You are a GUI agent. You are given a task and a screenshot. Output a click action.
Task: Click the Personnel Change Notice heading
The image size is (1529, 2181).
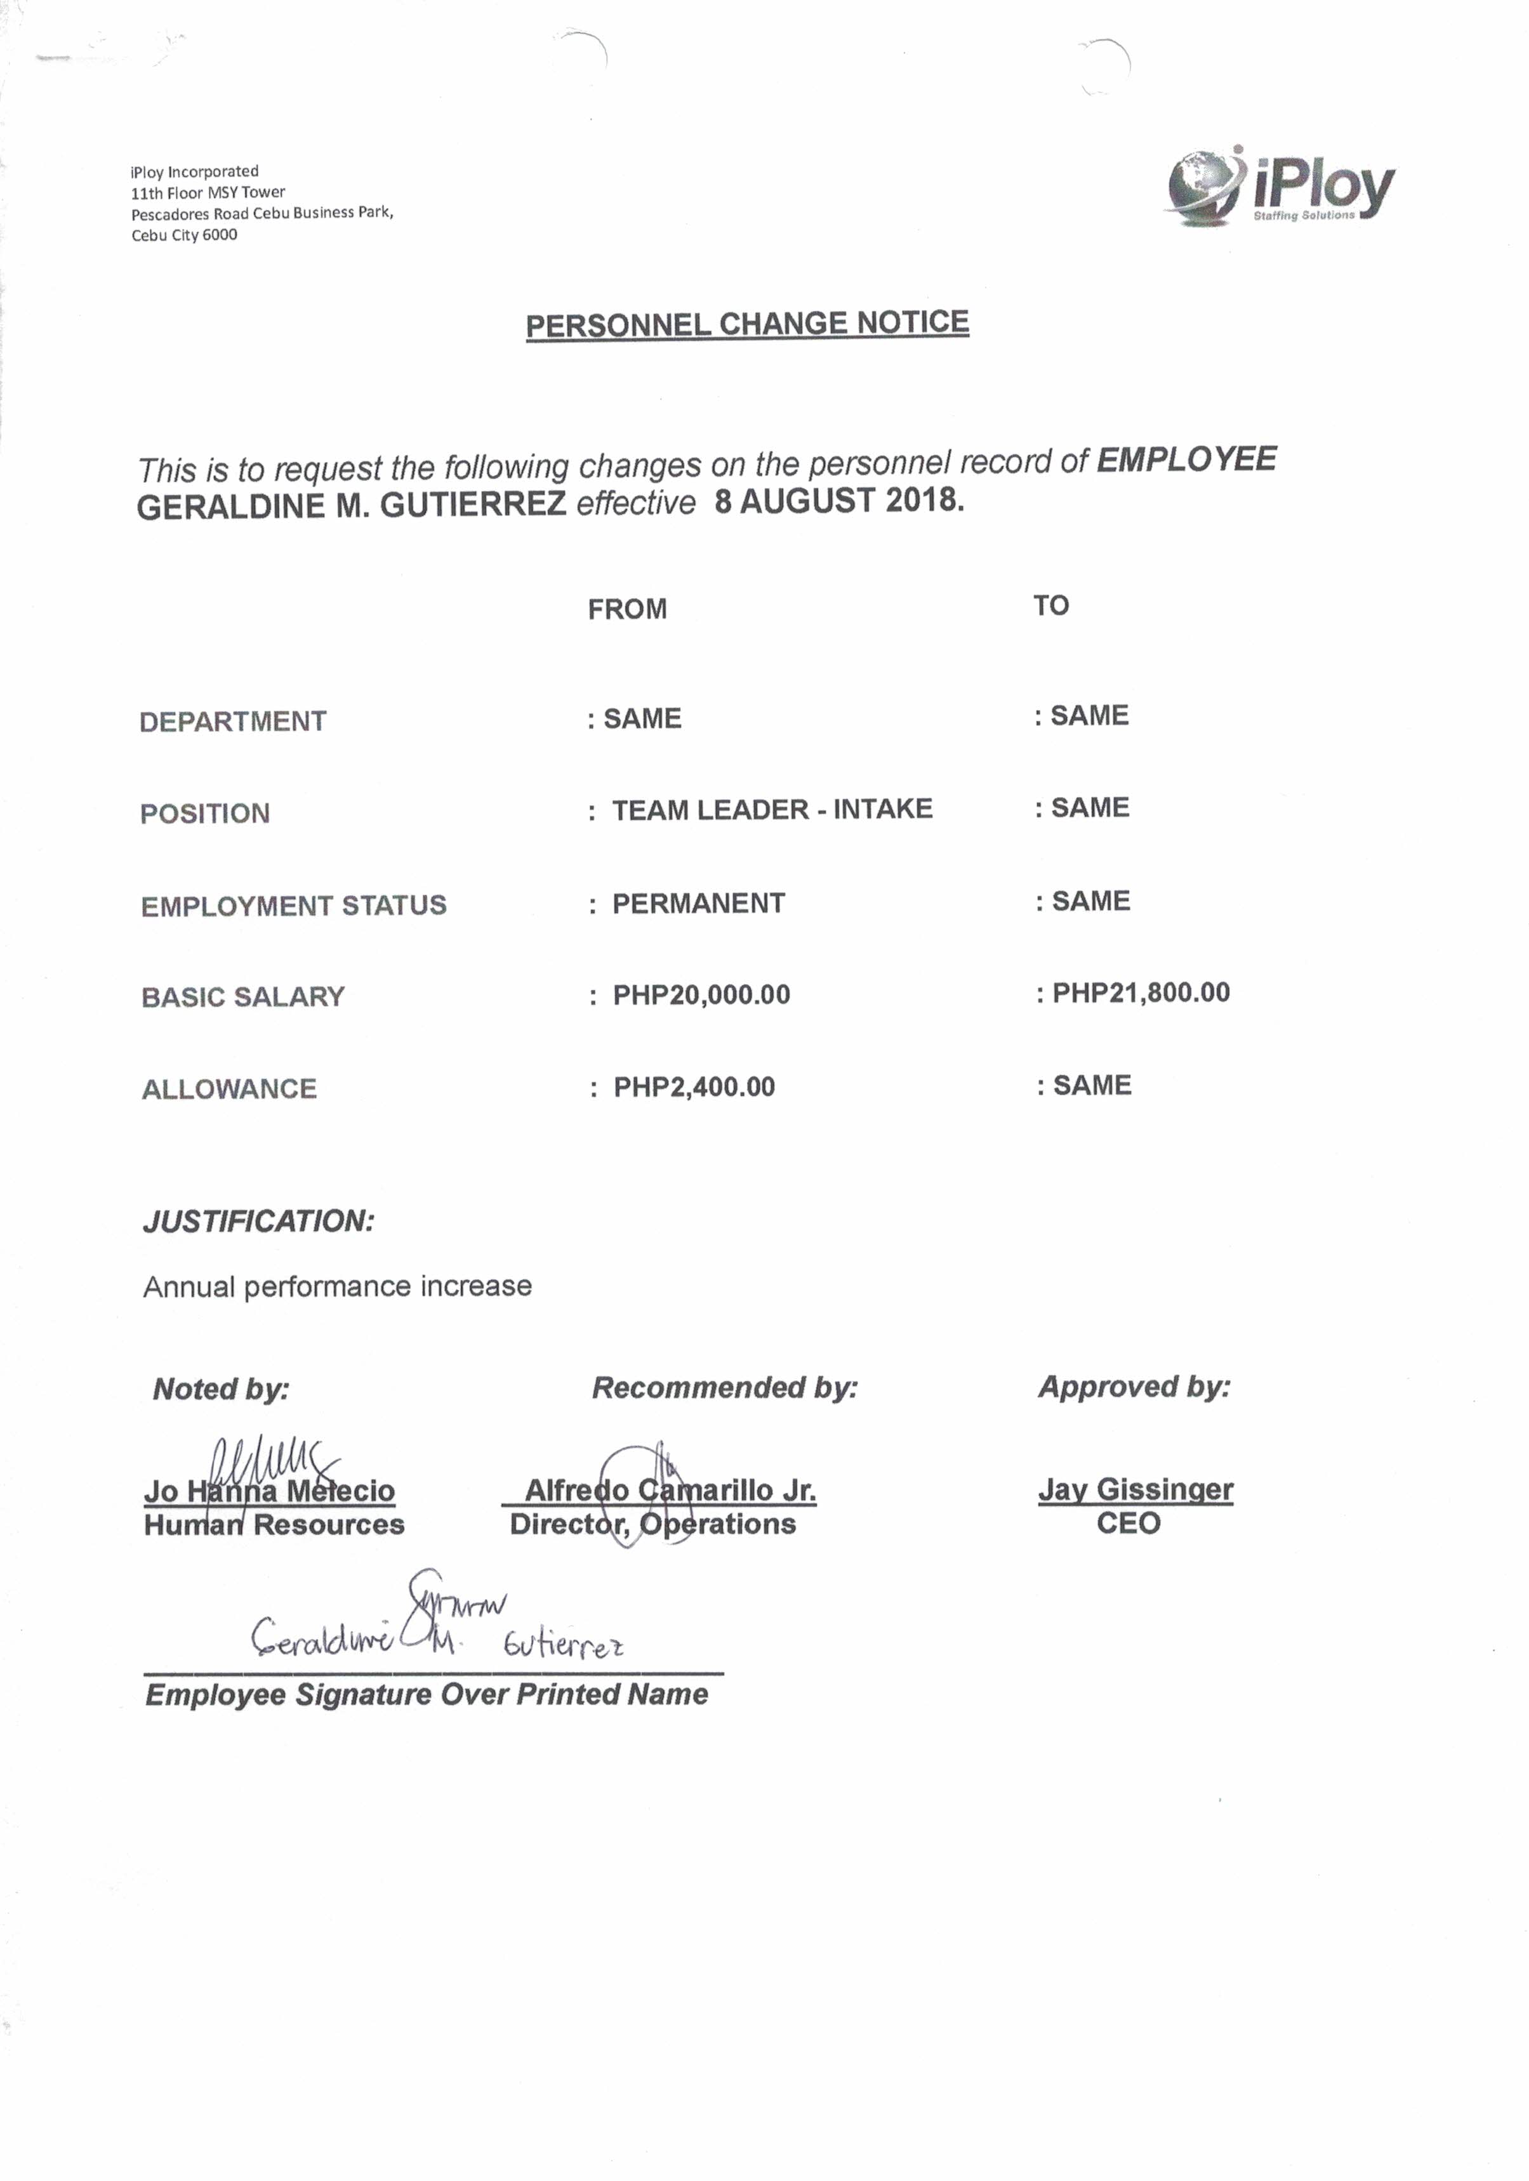pos(747,324)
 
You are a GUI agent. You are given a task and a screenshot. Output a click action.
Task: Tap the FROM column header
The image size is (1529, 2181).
pos(627,609)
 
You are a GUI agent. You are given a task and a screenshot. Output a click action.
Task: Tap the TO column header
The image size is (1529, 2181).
pos(1051,605)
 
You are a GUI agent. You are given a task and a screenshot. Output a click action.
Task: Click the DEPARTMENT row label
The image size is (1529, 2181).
pos(233,722)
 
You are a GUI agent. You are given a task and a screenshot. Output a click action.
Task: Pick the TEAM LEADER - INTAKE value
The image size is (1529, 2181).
pos(772,809)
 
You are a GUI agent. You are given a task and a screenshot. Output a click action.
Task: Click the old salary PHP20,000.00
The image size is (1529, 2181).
pos(701,994)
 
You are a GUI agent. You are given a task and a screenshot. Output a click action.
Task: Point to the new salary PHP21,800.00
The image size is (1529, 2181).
pos(1141,992)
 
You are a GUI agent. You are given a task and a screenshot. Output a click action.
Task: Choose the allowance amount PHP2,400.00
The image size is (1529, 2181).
pos(694,1087)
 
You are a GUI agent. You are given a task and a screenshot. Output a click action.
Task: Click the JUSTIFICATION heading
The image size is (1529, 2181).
pos(258,1221)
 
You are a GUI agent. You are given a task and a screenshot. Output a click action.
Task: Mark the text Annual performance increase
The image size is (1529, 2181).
pos(338,1286)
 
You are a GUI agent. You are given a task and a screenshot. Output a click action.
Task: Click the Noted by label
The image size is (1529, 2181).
pos(220,1389)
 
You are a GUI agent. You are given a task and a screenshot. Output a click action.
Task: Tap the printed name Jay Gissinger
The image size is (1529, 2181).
pos(1135,1489)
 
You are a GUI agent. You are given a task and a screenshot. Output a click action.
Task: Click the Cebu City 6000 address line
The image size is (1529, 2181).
pos(184,235)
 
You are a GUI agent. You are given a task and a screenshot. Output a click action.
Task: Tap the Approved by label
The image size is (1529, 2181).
pos(1134,1387)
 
